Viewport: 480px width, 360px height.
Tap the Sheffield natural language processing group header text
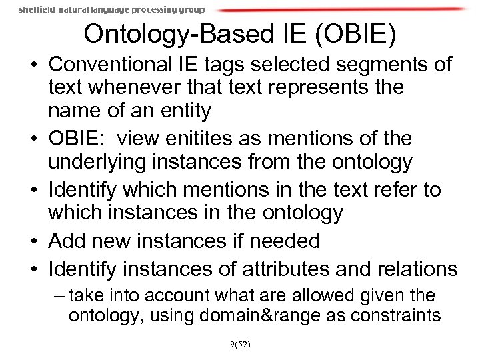point(111,9)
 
